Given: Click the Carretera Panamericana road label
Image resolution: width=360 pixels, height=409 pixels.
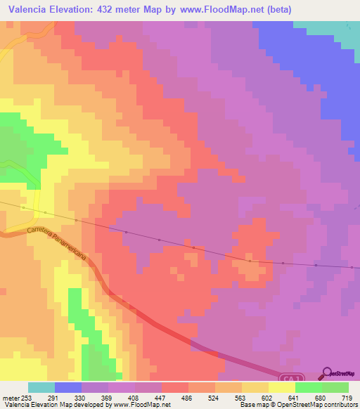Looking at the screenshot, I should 56,243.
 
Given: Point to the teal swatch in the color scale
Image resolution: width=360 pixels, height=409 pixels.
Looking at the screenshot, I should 41,387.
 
